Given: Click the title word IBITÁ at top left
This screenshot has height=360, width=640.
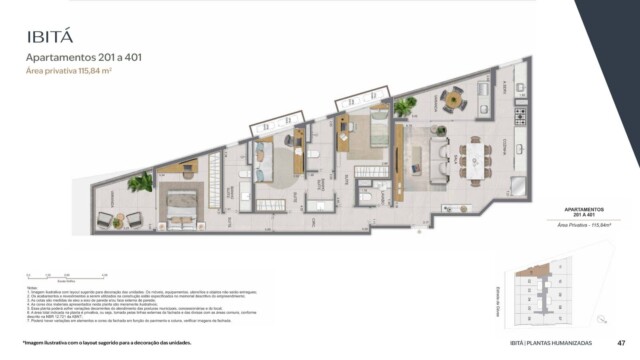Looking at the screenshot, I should click(50, 37).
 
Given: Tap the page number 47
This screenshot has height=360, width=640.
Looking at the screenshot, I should click(620, 344).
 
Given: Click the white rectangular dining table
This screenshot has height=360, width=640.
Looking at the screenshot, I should click(475, 157).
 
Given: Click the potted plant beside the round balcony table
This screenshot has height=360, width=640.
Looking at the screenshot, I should click(405, 106).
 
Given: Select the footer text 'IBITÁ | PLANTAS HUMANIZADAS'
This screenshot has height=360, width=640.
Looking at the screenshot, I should click(554, 344).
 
